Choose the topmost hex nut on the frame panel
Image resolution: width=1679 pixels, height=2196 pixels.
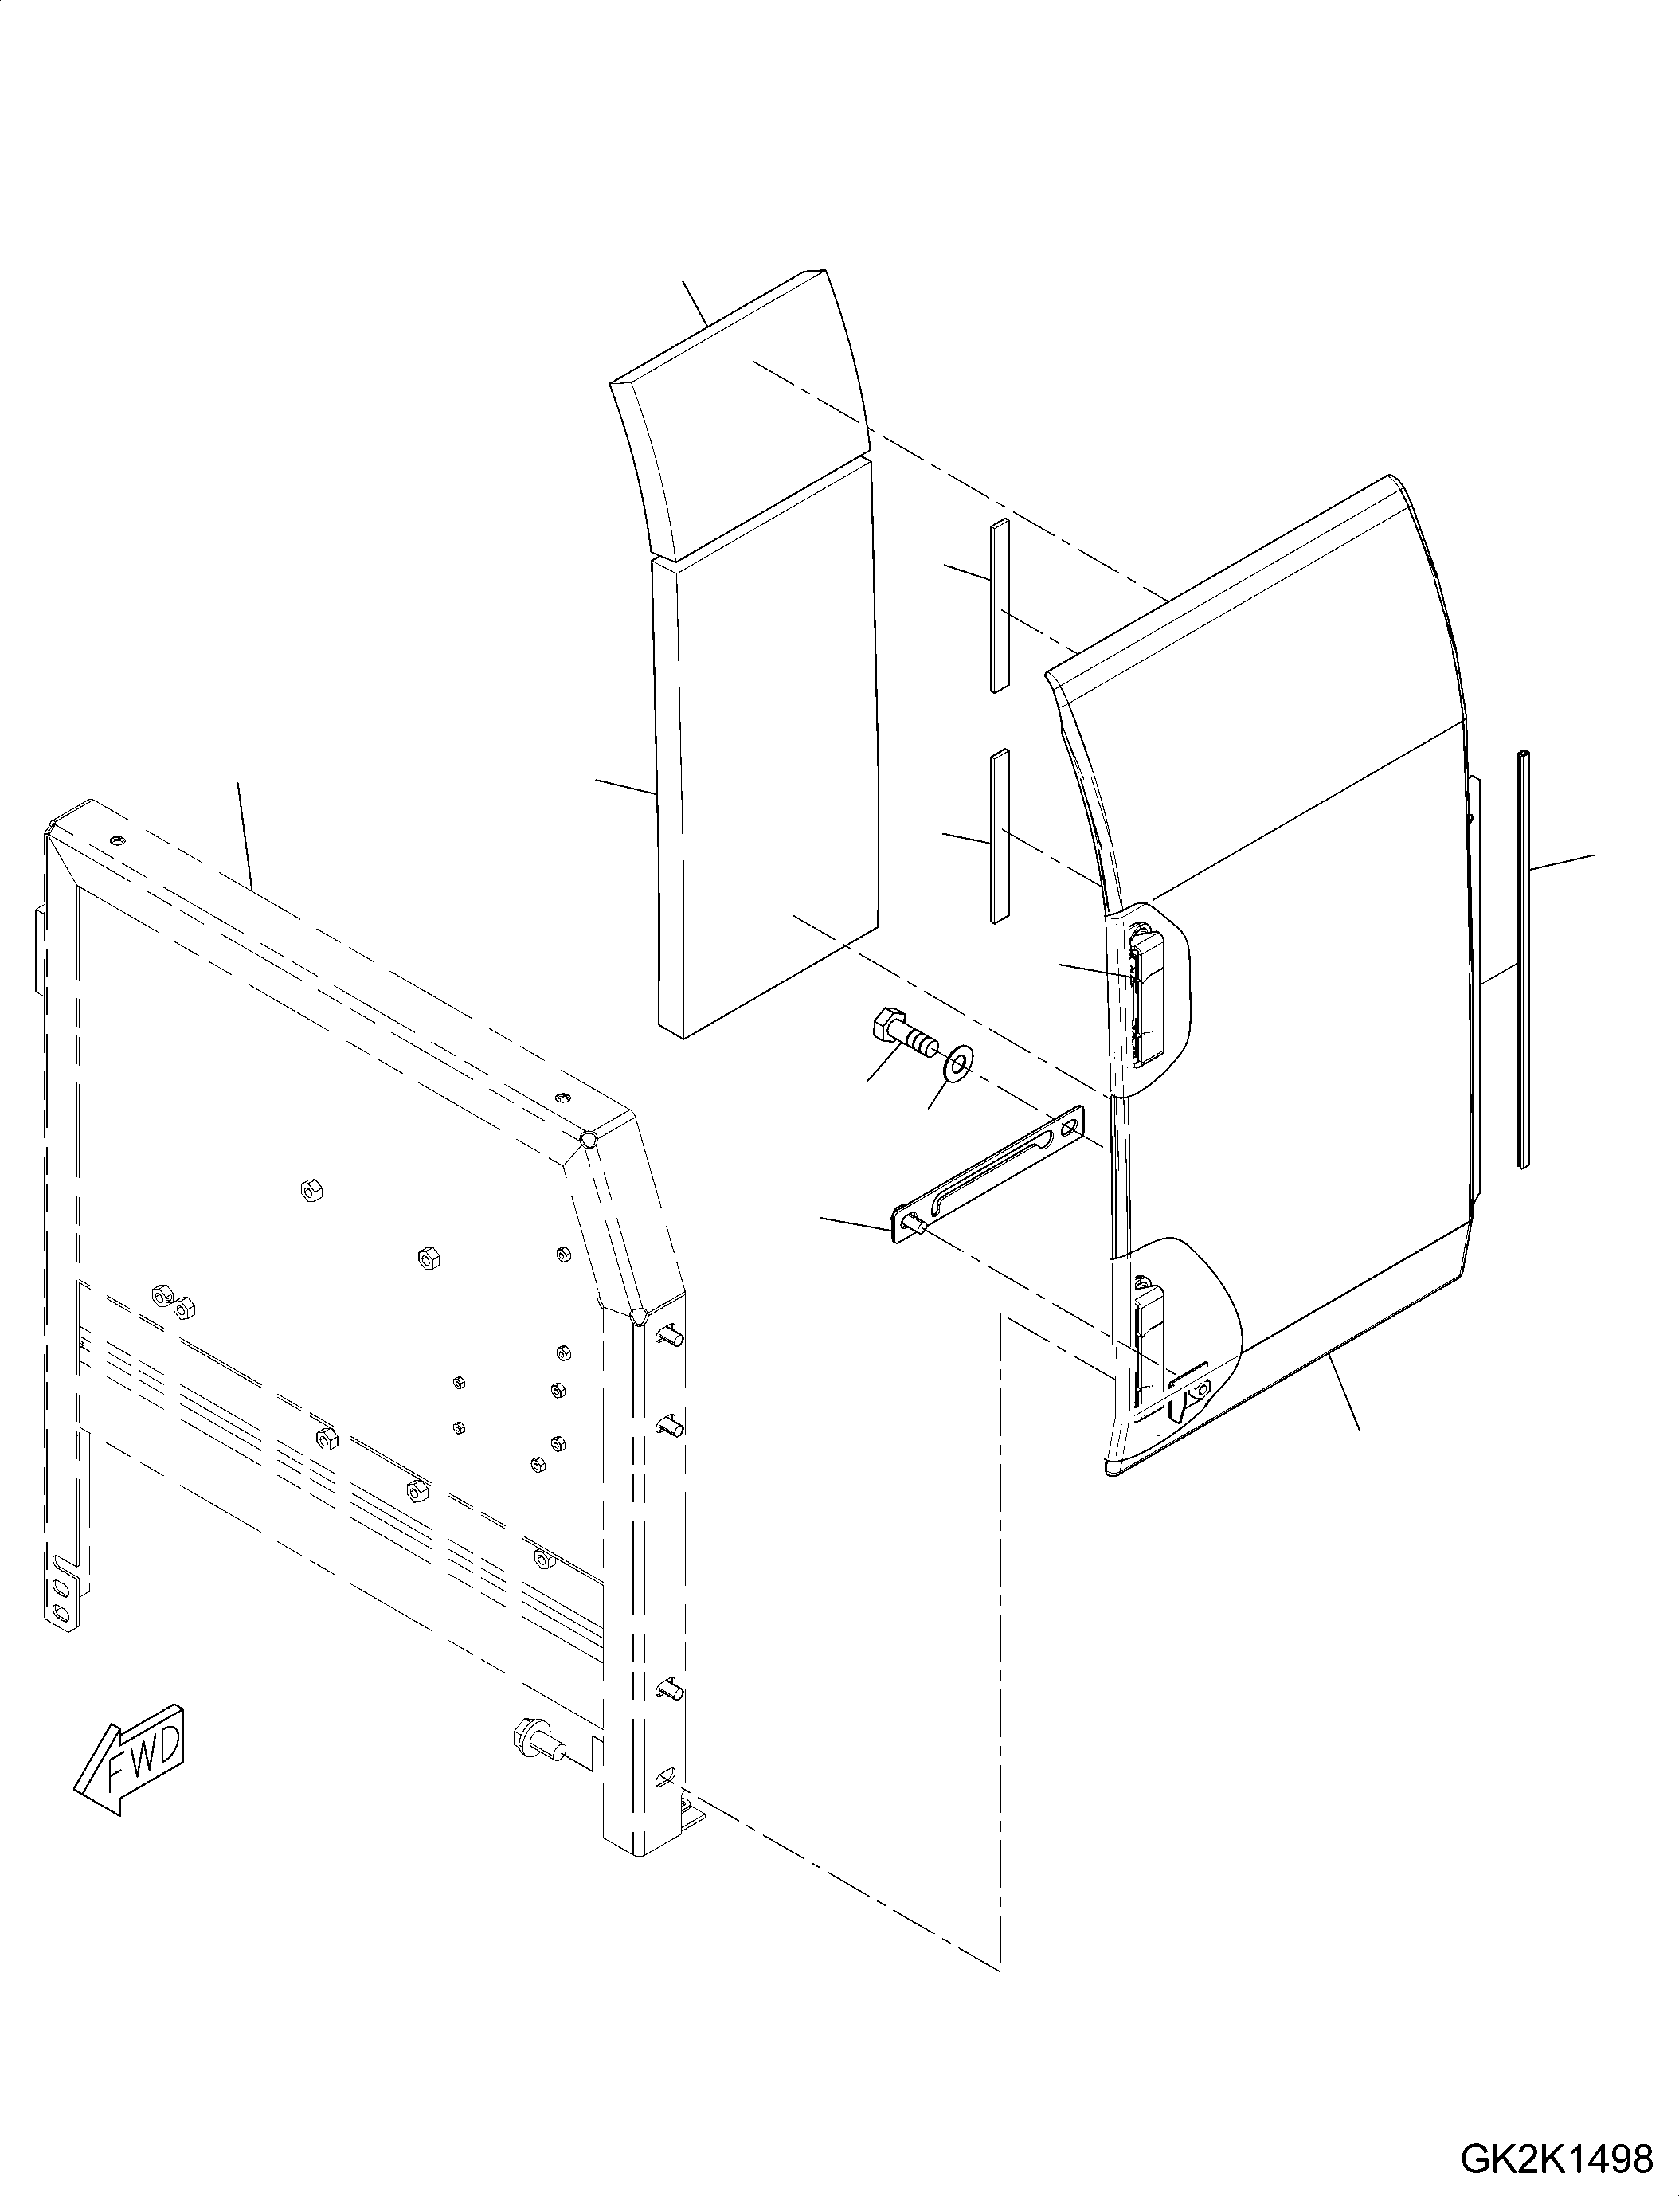coord(311,1189)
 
